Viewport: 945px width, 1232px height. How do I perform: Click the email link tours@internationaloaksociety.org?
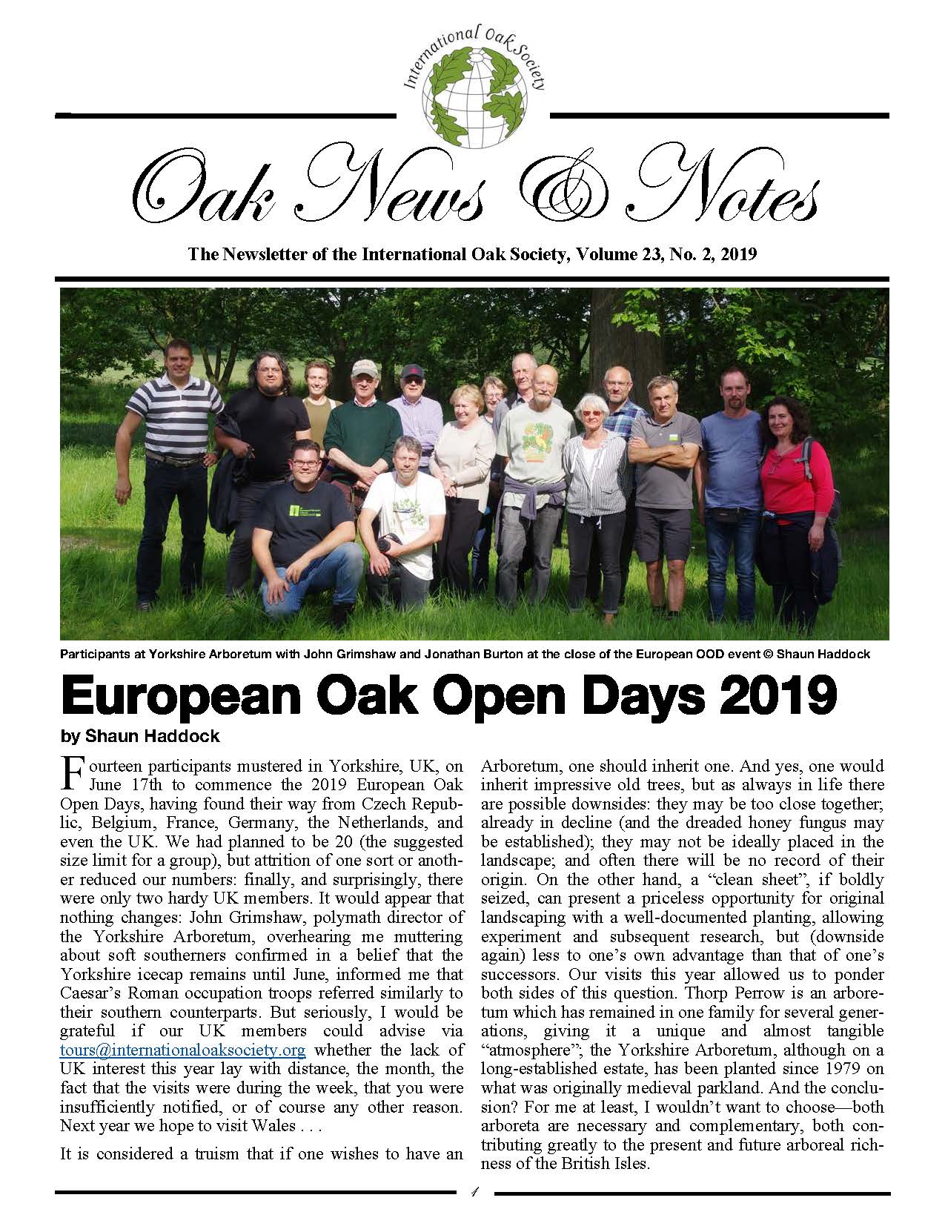click(182, 1050)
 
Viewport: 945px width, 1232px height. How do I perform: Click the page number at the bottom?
click(474, 1193)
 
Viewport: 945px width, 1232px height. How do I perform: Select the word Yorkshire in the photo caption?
click(158, 655)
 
